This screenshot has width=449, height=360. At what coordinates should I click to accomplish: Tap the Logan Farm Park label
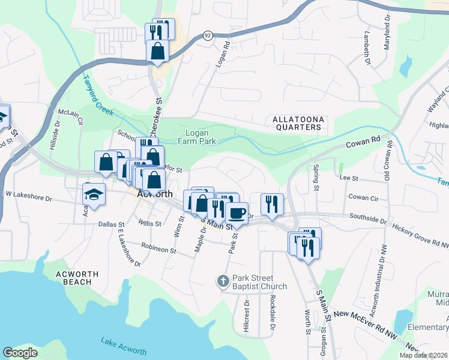[193, 137]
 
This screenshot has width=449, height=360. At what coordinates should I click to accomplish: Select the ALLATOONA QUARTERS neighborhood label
[298, 123]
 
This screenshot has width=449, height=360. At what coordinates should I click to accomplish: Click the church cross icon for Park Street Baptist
[223, 281]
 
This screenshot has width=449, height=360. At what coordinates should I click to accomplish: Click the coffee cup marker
[237, 213]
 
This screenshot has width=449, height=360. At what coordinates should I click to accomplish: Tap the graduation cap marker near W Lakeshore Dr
[93, 194]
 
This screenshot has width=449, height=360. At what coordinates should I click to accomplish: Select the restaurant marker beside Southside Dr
[273, 204]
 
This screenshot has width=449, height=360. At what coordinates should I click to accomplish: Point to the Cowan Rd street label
[364, 143]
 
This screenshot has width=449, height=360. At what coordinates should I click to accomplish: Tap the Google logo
[20, 353]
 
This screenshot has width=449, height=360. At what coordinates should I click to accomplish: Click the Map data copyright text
[424, 355]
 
